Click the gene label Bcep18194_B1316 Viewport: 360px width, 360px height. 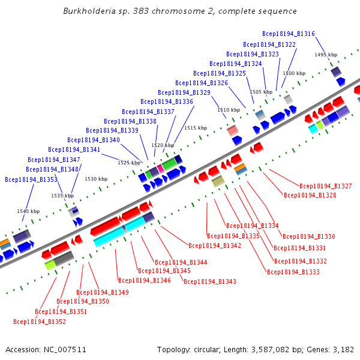tap(289, 34)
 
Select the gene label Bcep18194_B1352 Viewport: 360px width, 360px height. tap(40, 322)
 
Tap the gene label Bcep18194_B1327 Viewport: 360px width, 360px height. tap(326, 187)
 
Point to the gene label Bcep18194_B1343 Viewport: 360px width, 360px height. tap(210, 281)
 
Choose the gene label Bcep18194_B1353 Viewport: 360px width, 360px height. tap(31, 179)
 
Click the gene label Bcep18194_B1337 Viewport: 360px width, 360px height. tap(148, 112)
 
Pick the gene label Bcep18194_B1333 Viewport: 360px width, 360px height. tap(293, 272)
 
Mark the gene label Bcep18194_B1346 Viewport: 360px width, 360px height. tap(145, 280)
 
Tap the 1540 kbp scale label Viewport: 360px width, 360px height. tap(28, 211)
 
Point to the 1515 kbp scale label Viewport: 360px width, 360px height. tap(196, 128)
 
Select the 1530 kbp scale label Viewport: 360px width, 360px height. tap(96, 179)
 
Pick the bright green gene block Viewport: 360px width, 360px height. tap(169, 163)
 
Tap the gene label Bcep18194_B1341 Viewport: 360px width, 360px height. tap(74, 149)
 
